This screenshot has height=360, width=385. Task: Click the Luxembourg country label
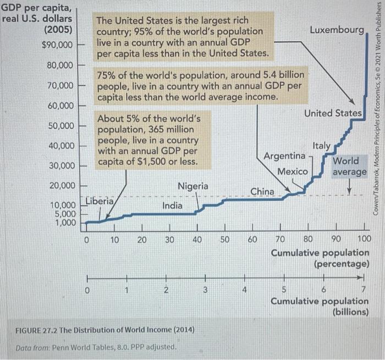(337, 29)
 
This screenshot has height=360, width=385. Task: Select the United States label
(333, 113)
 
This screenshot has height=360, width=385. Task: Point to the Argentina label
(285, 141)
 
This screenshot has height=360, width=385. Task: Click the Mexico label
(292, 156)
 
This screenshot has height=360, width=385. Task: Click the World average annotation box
(349, 152)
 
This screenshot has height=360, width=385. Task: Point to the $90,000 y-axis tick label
(57, 43)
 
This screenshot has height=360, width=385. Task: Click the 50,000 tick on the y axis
(61, 110)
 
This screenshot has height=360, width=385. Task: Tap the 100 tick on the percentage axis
(364, 239)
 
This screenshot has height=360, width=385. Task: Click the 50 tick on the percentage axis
(225, 239)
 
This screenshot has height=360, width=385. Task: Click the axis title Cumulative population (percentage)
(320, 258)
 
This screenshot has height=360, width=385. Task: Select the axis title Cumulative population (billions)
(320, 306)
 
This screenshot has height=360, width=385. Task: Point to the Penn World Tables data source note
(96, 347)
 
